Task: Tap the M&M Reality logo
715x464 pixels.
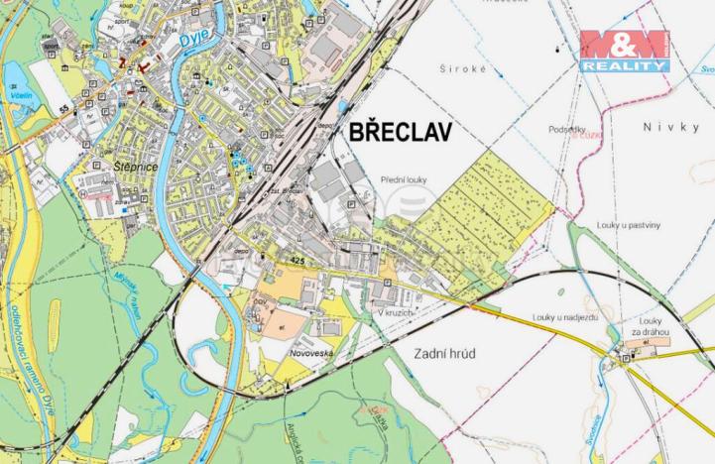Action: coord(625,51)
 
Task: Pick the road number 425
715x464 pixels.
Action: coord(297,260)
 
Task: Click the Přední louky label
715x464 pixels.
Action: coord(404,179)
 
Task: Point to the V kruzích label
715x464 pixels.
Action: coord(395,312)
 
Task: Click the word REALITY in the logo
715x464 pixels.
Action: coord(625,65)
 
